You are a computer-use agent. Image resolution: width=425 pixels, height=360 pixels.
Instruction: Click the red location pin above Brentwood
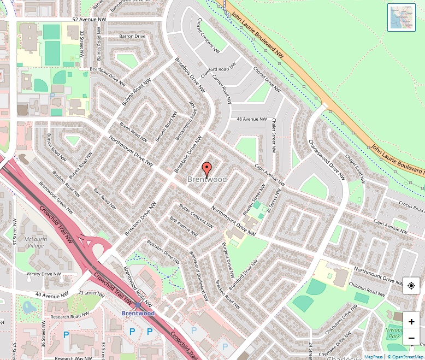(206, 168)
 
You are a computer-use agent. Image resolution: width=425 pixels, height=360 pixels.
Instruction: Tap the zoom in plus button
(411, 322)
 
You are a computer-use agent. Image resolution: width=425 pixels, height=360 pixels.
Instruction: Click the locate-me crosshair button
(411, 286)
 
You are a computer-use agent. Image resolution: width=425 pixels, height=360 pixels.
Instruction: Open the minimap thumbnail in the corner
(401, 17)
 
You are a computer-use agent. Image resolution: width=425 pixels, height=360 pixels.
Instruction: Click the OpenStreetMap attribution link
(405, 357)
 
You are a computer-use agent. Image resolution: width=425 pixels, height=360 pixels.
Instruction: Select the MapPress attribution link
(373, 357)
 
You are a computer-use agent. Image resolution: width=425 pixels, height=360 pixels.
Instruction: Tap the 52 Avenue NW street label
(89, 20)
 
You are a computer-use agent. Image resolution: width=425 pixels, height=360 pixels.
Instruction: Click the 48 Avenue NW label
(252, 119)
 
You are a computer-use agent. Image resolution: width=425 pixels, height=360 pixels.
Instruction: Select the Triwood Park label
(394, 333)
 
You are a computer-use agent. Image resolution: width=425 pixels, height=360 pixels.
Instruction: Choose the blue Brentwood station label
(138, 313)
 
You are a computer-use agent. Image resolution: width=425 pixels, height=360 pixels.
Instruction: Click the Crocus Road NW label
(411, 205)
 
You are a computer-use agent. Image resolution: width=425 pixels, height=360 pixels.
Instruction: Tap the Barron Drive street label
(132, 36)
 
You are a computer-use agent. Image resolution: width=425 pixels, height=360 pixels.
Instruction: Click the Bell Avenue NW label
(184, 226)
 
